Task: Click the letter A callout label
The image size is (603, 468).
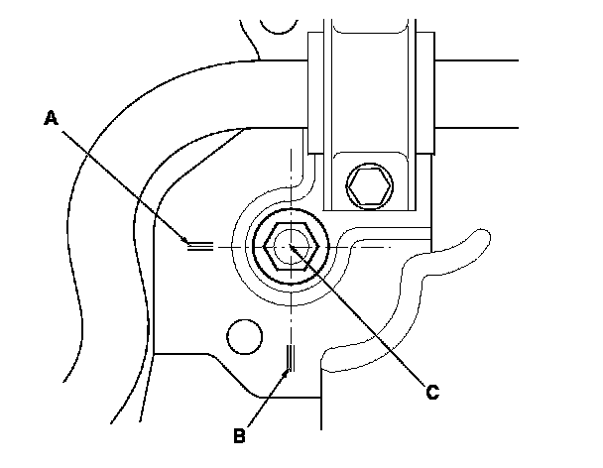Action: [x=52, y=118]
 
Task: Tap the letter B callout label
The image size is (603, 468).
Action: [x=239, y=433]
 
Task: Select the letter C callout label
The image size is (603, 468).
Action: [x=431, y=392]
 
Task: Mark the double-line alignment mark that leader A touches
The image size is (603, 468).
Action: [x=199, y=245]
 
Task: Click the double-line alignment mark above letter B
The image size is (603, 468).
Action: [x=289, y=357]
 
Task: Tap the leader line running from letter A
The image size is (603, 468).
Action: [x=119, y=179]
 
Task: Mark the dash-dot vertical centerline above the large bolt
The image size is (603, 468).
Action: [x=290, y=174]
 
